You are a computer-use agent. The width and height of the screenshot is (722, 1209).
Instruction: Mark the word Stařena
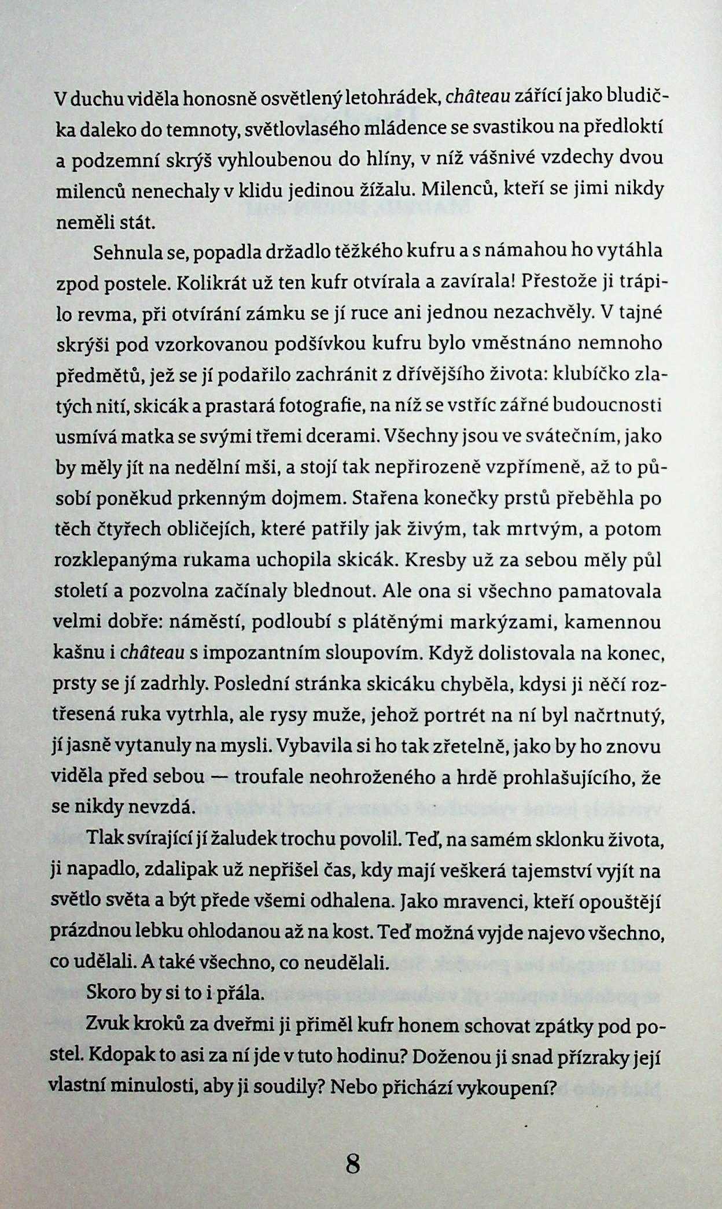(384, 498)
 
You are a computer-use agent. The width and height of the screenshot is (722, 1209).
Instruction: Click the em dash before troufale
(219, 777)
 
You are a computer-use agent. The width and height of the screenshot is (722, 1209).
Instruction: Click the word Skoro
(112, 994)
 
